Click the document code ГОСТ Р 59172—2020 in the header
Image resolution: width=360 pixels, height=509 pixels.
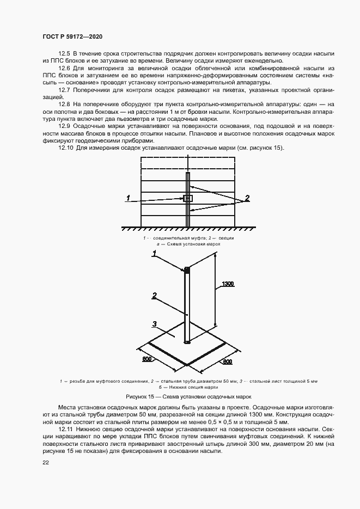pyautogui.click(x=72, y=36)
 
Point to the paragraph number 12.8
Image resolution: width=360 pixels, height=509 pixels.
pyautogui.click(x=64, y=103)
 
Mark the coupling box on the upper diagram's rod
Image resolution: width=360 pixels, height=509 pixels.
pyautogui.click(x=188, y=199)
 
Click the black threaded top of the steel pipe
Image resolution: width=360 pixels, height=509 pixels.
pyautogui.click(x=187, y=269)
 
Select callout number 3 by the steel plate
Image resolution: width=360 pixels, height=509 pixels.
pyautogui.click(x=155, y=324)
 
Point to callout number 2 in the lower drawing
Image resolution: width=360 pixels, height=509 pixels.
pyautogui.click(x=155, y=296)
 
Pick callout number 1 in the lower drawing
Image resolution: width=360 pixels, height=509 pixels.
pyautogui.click(x=155, y=254)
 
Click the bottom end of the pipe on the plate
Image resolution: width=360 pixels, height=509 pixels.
pyautogui.click(x=187, y=342)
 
